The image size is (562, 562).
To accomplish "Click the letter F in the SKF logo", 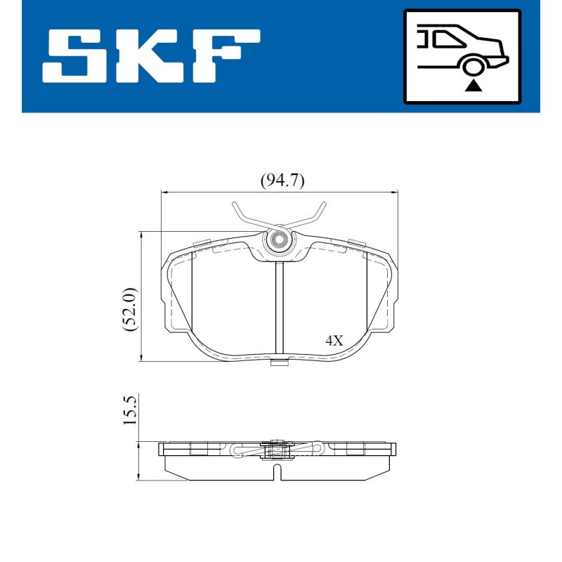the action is click(x=224, y=56).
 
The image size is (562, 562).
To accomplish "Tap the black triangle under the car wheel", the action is click(x=473, y=86).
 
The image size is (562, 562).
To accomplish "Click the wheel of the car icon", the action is click(x=473, y=66).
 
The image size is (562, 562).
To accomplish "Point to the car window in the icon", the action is click(x=449, y=39).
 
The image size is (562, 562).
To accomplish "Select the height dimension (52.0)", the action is click(x=129, y=309).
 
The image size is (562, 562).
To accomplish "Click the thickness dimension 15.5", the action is click(x=130, y=411).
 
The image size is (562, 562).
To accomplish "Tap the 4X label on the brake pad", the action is click(x=334, y=340).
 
